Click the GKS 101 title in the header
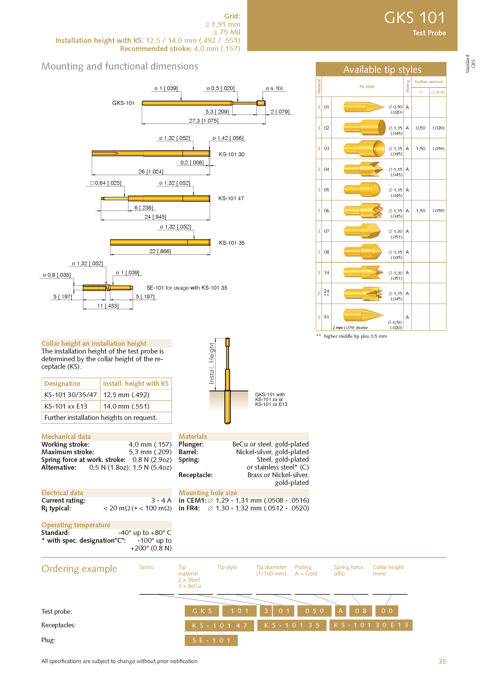414,18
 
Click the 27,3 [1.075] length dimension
203,121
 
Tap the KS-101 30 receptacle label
231,154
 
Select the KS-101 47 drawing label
231,198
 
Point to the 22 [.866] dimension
160,251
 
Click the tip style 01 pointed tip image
364,107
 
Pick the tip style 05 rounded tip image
362,190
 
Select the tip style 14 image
364,273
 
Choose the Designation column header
62,384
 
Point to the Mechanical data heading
66,436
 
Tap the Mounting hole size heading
208,493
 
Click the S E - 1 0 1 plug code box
211,640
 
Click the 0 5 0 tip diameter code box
314,611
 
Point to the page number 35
442,661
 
